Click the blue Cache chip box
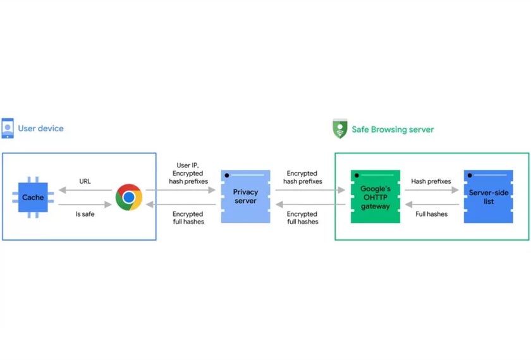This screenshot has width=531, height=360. [x=33, y=197]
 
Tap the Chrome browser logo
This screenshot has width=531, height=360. [x=129, y=197]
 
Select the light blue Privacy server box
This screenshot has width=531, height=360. [x=245, y=196]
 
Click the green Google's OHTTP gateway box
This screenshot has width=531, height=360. [x=375, y=196]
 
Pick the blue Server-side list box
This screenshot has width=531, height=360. [x=487, y=196]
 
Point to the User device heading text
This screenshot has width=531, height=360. [x=40, y=128]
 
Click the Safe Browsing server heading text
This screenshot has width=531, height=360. [x=393, y=129]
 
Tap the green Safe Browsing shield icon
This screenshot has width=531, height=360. [x=339, y=129]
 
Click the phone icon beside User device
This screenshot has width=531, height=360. [x=8, y=128]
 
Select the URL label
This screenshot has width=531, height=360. [x=84, y=181]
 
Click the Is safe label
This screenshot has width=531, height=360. [x=85, y=214]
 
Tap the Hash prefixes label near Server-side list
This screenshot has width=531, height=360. [x=431, y=181]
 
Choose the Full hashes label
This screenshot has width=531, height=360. [x=431, y=214]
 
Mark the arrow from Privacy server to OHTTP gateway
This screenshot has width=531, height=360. [x=310, y=189]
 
